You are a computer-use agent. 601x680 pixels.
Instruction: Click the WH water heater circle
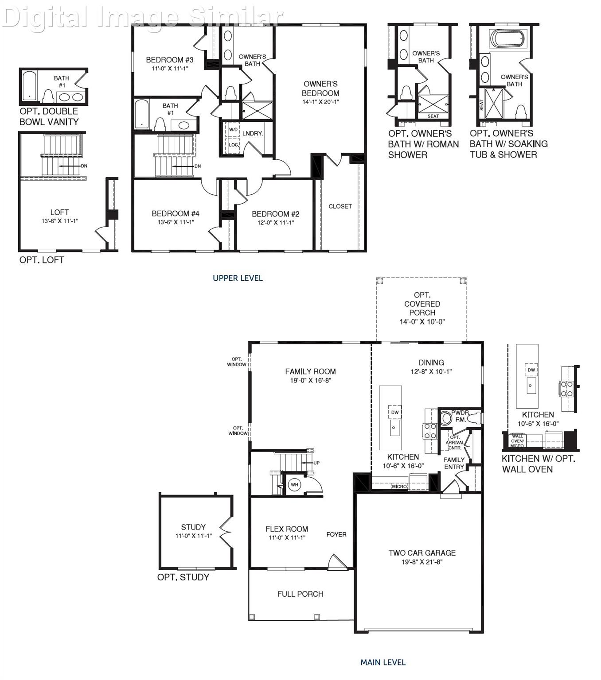294,485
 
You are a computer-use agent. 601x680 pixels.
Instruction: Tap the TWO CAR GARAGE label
422,552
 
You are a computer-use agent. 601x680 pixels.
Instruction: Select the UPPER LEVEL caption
238,278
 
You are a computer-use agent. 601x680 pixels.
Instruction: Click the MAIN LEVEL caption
383,662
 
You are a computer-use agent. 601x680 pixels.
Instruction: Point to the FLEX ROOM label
287,529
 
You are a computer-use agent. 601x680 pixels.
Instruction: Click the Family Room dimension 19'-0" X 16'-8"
310,380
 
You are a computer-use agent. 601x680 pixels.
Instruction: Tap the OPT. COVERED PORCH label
422,304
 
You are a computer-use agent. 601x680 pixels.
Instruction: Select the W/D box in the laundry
234,129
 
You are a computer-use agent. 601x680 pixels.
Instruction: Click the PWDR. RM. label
460,416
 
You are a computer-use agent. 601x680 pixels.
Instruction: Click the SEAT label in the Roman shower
433,116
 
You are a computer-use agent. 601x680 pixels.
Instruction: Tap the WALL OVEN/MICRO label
517,440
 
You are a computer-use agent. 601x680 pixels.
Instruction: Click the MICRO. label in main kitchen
399,487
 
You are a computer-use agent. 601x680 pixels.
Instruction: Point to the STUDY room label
193,527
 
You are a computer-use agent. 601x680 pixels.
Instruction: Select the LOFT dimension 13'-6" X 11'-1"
59,221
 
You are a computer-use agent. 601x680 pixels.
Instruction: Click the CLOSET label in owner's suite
340,206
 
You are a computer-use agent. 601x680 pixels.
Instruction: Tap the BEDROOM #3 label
170,60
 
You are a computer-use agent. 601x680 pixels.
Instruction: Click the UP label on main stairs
316,463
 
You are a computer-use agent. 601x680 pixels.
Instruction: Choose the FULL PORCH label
300,594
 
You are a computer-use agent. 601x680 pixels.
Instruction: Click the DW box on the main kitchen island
394,412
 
